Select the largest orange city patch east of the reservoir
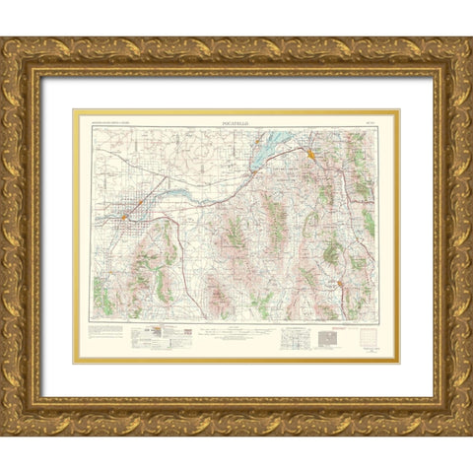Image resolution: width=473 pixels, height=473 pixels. click(310, 154)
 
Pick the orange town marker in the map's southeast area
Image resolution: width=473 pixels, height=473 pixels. click(341, 285)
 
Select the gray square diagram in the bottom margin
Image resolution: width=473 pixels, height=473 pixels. click(328, 340)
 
